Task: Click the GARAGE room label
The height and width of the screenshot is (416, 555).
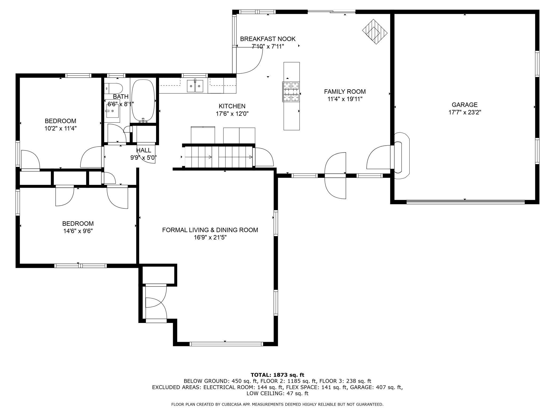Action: (465, 105)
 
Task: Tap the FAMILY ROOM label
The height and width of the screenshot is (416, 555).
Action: (345, 92)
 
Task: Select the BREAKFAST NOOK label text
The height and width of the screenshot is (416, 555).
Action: (268, 39)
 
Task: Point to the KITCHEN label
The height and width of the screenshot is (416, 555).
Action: (232, 106)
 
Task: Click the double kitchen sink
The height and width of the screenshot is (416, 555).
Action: (195, 85)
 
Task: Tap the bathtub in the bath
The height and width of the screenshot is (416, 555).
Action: (143, 101)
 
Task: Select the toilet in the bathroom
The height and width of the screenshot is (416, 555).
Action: (114, 88)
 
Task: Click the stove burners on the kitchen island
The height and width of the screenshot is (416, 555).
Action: (291, 92)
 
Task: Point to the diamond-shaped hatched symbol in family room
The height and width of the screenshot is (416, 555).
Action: (375, 32)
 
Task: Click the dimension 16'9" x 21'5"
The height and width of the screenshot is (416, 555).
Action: (210, 237)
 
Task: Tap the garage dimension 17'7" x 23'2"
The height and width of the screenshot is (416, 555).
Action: (465, 112)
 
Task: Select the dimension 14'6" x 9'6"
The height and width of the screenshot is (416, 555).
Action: (78, 231)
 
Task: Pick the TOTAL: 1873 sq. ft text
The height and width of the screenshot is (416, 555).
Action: (277, 375)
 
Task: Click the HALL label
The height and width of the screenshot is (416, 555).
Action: (144, 150)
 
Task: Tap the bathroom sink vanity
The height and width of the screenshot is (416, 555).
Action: (112, 111)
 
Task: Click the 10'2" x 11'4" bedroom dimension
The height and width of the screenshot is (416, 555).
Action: (61, 128)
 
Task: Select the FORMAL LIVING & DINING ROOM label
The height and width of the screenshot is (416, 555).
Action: (210, 230)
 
